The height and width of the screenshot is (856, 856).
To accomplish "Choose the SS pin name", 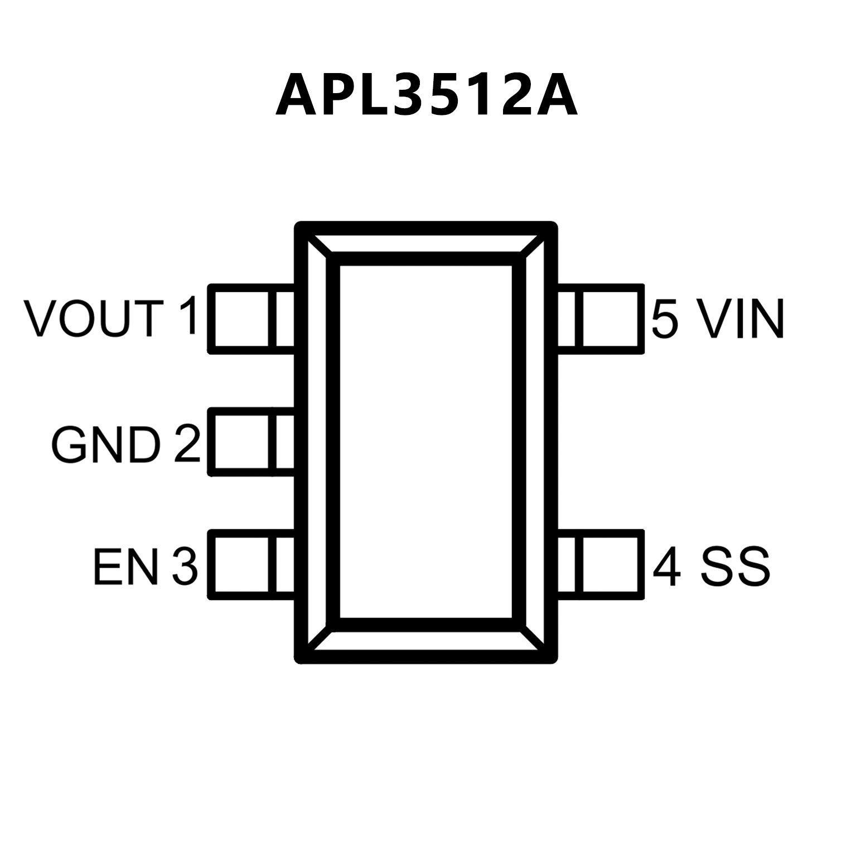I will pos(736,567).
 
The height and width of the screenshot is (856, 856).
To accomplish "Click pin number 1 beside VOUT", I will pos(188,316).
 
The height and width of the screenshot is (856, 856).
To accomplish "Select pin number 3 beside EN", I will pos(185,567).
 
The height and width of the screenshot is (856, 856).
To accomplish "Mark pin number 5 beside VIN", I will pos(665,319).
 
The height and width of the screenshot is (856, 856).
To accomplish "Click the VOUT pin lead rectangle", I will pos(251,319).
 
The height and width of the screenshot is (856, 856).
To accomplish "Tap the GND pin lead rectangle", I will pos(251,442).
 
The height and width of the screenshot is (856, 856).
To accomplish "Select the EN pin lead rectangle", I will pos(251,564).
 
